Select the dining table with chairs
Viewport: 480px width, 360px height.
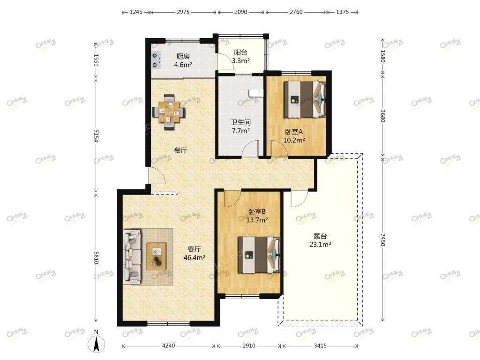169,112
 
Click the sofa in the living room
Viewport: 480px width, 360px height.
132,257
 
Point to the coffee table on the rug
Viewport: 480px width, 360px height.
157,256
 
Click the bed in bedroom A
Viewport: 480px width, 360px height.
304,99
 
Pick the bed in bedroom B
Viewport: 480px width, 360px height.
259,255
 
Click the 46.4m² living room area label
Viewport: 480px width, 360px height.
195,258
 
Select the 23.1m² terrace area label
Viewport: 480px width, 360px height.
320,244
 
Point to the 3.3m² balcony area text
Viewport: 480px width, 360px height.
240,60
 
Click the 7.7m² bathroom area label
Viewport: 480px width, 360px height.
240,131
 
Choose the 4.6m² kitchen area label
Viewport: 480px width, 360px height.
183,65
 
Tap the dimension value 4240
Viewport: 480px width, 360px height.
168,345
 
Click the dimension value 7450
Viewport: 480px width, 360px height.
382,240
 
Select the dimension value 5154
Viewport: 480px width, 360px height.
96,135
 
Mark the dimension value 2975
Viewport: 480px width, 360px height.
183,12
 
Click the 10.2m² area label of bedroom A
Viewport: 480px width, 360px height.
294,140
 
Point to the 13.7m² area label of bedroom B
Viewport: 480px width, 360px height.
257,220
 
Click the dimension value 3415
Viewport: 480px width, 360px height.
320,345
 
